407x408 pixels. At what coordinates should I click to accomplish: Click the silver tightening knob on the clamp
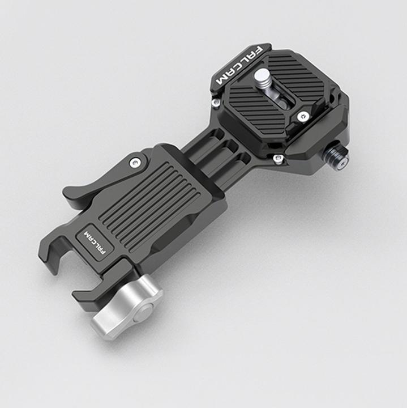128,307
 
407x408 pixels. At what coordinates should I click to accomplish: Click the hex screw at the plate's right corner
303,116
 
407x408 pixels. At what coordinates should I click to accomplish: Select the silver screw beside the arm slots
277,159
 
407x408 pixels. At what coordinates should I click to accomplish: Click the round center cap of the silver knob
144,311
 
